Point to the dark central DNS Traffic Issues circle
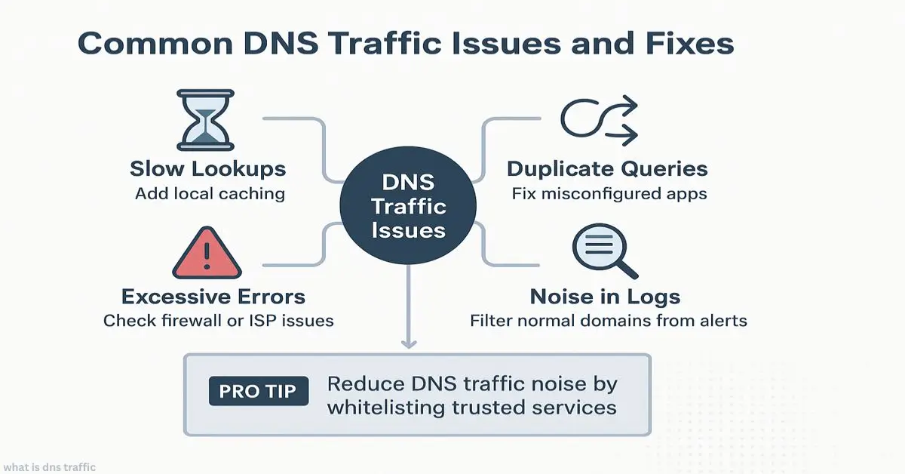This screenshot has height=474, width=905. [x=407, y=205]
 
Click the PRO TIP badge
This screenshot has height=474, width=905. [x=259, y=392]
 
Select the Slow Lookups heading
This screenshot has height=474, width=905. [x=208, y=168]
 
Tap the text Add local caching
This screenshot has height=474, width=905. [x=210, y=193]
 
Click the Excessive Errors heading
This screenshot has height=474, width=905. [x=213, y=296]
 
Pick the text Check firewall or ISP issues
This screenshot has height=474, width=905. [x=218, y=321]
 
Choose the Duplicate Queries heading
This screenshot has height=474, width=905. [x=607, y=168]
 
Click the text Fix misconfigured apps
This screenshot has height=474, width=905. [x=609, y=193]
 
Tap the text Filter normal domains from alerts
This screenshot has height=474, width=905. [x=608, y=321]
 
